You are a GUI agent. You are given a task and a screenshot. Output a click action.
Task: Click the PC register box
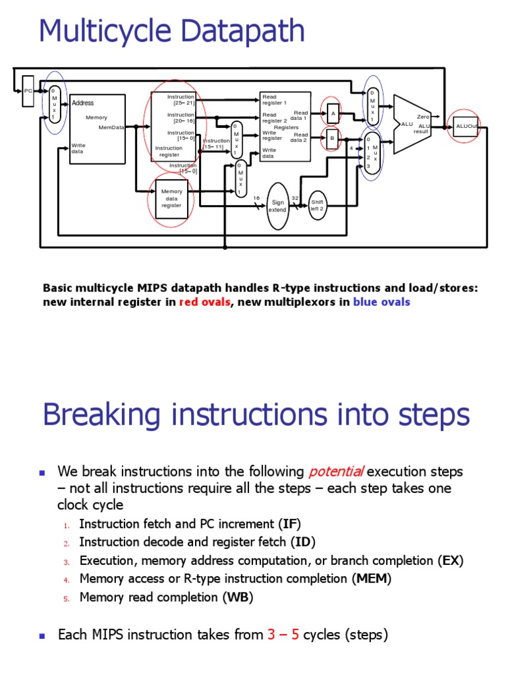point(28,91)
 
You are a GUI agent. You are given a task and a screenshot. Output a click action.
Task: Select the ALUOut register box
point(465,127)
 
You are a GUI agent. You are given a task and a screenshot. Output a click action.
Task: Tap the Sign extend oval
point(277,206)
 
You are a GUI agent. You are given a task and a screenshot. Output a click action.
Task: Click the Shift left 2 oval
point(318,205)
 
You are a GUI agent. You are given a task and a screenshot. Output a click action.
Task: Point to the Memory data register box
point(171,198)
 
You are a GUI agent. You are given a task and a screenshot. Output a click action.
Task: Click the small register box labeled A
point(333,113)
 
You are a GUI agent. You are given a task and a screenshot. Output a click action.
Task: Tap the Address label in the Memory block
point(83,103)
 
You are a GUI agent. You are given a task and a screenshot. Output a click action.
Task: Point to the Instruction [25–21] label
point(181,100)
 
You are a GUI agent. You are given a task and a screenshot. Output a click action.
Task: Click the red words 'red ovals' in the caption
point(204,303)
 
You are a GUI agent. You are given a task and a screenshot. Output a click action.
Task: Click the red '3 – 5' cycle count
point(283,635)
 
